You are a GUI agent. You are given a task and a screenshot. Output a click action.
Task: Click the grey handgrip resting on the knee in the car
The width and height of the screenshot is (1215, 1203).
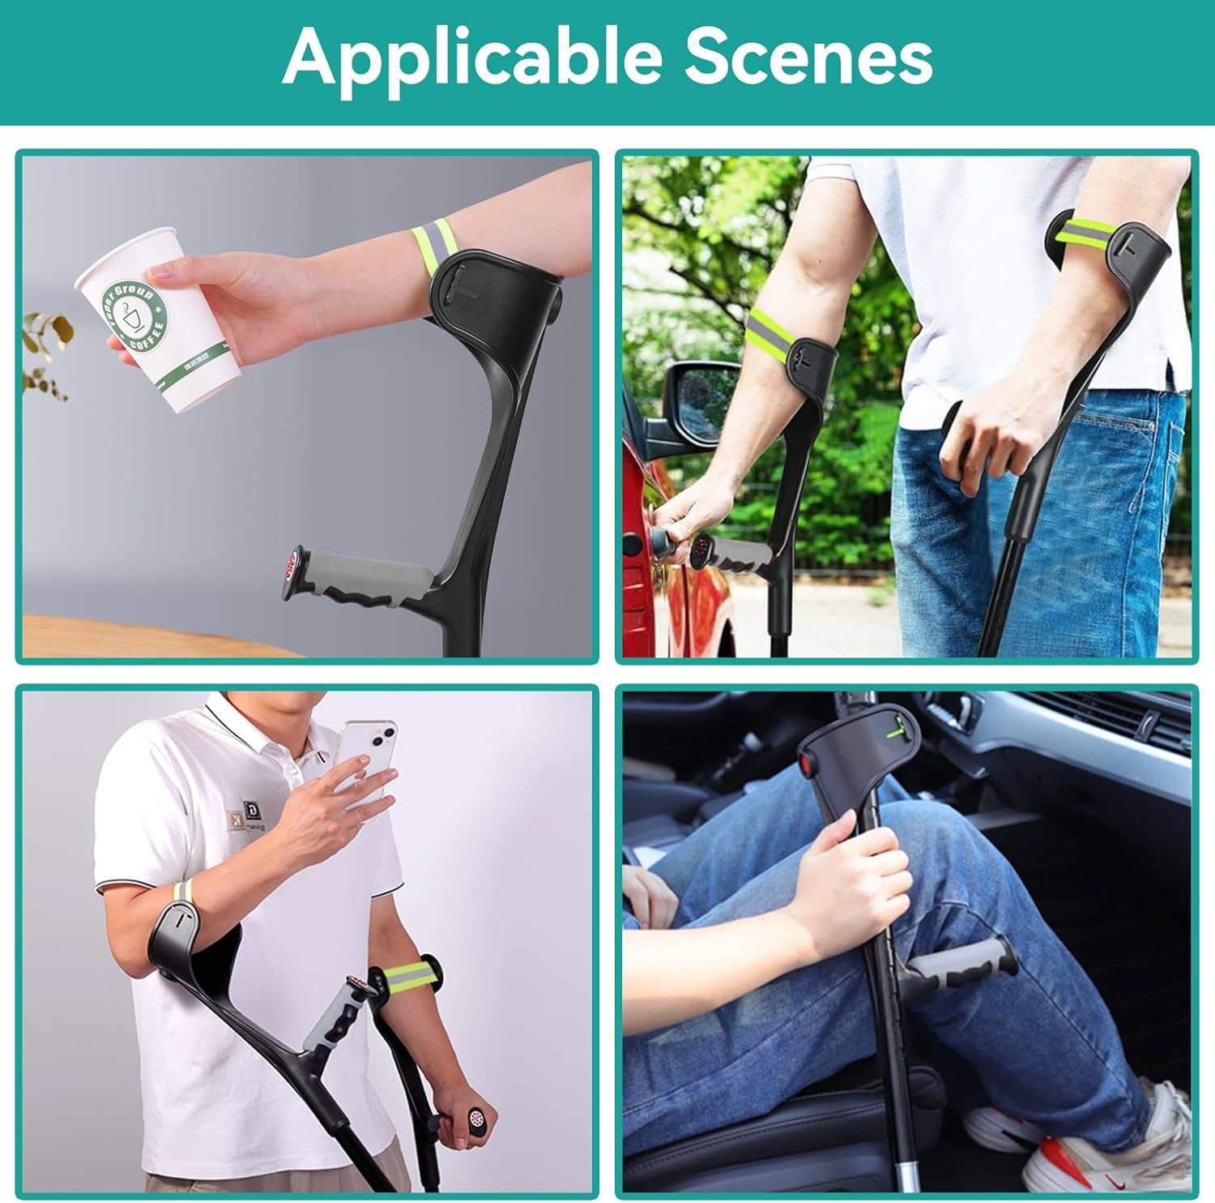961,965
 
